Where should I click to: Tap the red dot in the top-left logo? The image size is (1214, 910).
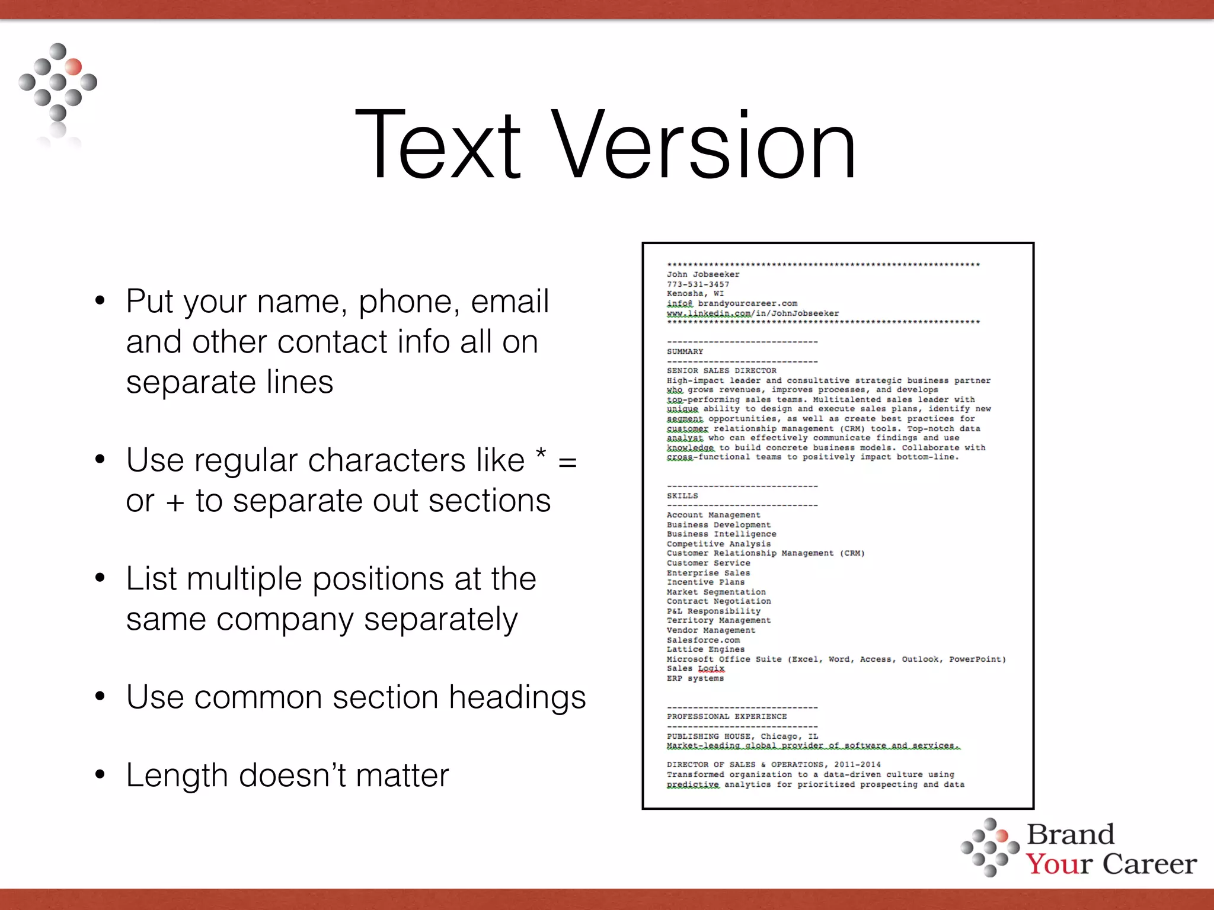click(x=74, y=66)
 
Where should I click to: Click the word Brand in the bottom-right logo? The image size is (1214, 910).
click(x=1071, y=835)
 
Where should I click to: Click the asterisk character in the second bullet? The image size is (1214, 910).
click(x=540, y=456)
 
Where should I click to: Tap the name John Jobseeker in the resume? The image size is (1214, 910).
click(x=703, y=274)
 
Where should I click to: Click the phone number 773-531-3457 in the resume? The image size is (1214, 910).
click(x=698, y=284)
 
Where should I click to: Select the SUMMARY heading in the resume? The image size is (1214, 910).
click(x=685, y=351)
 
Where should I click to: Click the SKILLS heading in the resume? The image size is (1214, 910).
click(x=682, y=496)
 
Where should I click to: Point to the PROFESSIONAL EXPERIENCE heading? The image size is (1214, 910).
click(x=727, y=717)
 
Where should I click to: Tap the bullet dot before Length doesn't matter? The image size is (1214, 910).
click(x=100, y=774)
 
